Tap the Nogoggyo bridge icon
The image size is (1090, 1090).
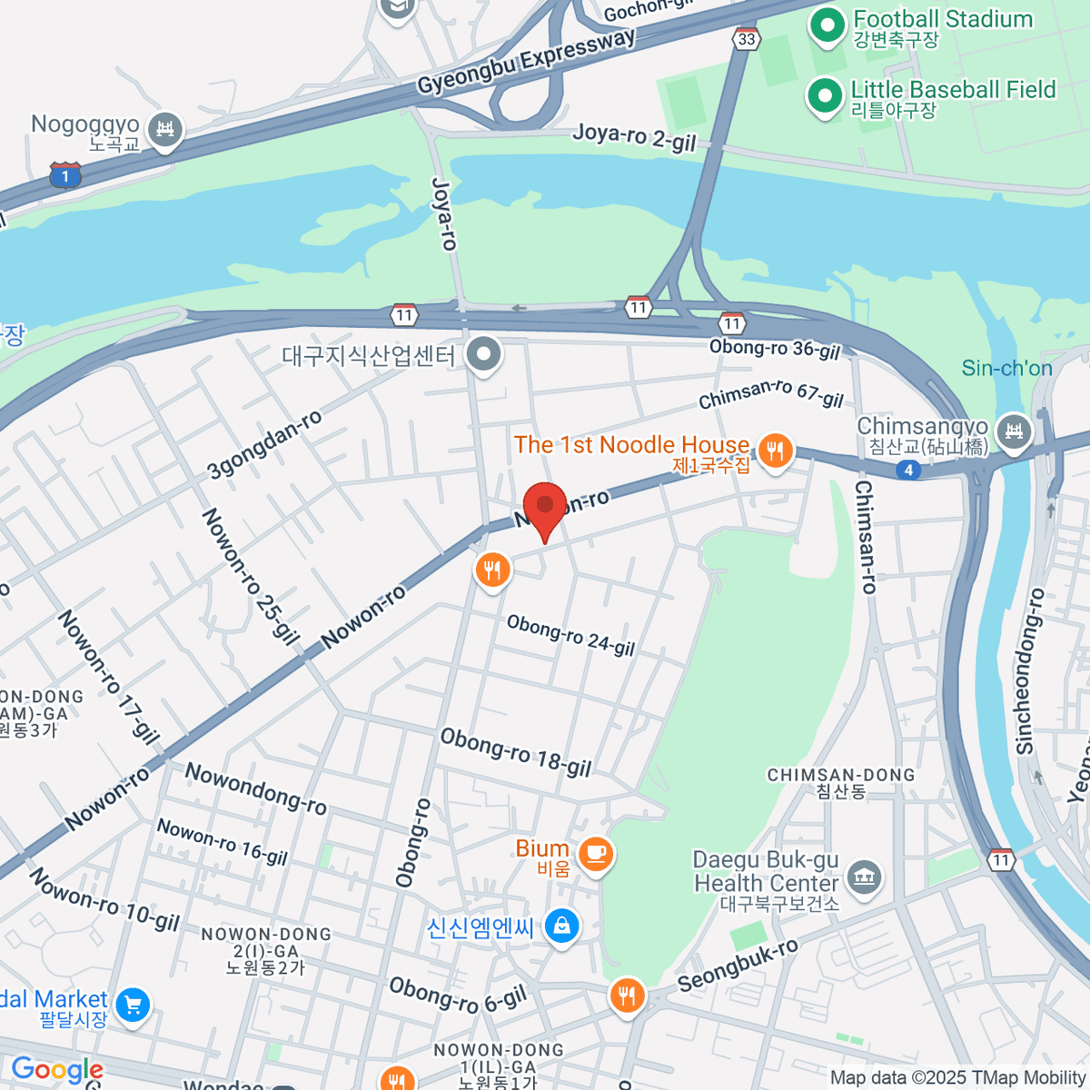click(x=165, y=128)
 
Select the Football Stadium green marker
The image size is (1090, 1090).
click(x=827, y=25)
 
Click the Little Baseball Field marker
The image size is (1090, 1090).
click(x=824, y=95)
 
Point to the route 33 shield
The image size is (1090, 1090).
click(x=746, y=39)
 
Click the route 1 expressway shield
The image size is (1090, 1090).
click(x=65, y=175)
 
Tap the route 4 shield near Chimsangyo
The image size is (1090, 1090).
click(x=907, y=470)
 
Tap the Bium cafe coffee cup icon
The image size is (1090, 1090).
click(x=595, y=853)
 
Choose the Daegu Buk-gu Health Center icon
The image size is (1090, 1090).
click(x=863, y=877)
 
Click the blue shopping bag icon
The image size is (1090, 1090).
click(x=561, y=926)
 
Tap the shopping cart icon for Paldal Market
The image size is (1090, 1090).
click(x=133, y=1005)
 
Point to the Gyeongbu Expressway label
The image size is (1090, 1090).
click(x=526, y=62)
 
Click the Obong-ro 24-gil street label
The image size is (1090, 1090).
click(x=570, y=635)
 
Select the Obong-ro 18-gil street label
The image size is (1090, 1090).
click(x=515, y=753)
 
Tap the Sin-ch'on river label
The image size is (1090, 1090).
click(x=1006, y=368)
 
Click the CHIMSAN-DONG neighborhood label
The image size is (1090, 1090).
click(x=840, y=782)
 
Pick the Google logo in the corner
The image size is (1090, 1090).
click(x=56, y=1070)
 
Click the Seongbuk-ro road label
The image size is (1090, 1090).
click(x=738, y=966)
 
